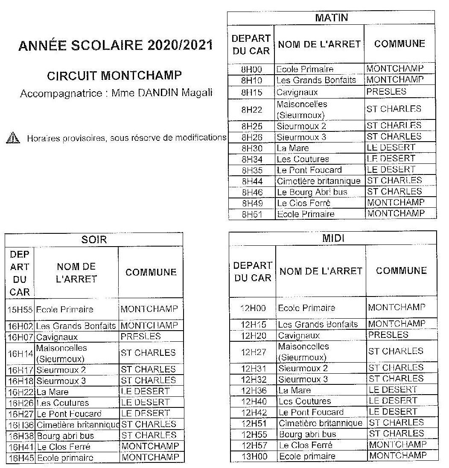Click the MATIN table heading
tap(331, 18)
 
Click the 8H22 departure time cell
tap(251, 110)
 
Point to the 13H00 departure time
tap(253, 456)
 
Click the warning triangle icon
tap(12, 138)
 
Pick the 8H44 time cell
tap(251, 181)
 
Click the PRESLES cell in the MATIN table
tap(386, 92)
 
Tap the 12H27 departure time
tap(253, 351)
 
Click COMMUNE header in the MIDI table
tap(401, 270)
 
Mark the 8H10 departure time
tap(251, 80)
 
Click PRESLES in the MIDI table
tap(388, 334)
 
